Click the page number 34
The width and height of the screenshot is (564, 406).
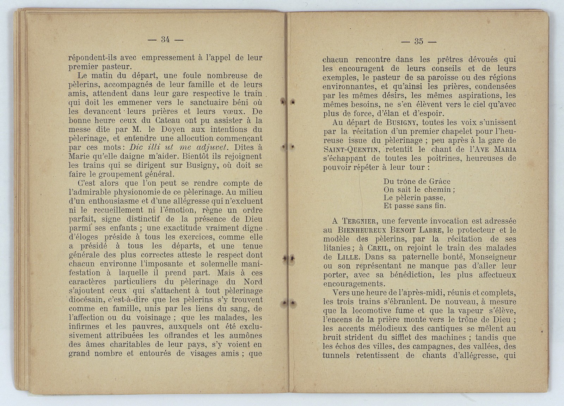click(165, 40)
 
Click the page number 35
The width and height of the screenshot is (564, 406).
click(418, 41)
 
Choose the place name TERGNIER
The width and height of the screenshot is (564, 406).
click(360, 221)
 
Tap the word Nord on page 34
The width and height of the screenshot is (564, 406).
click(253, 282)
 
